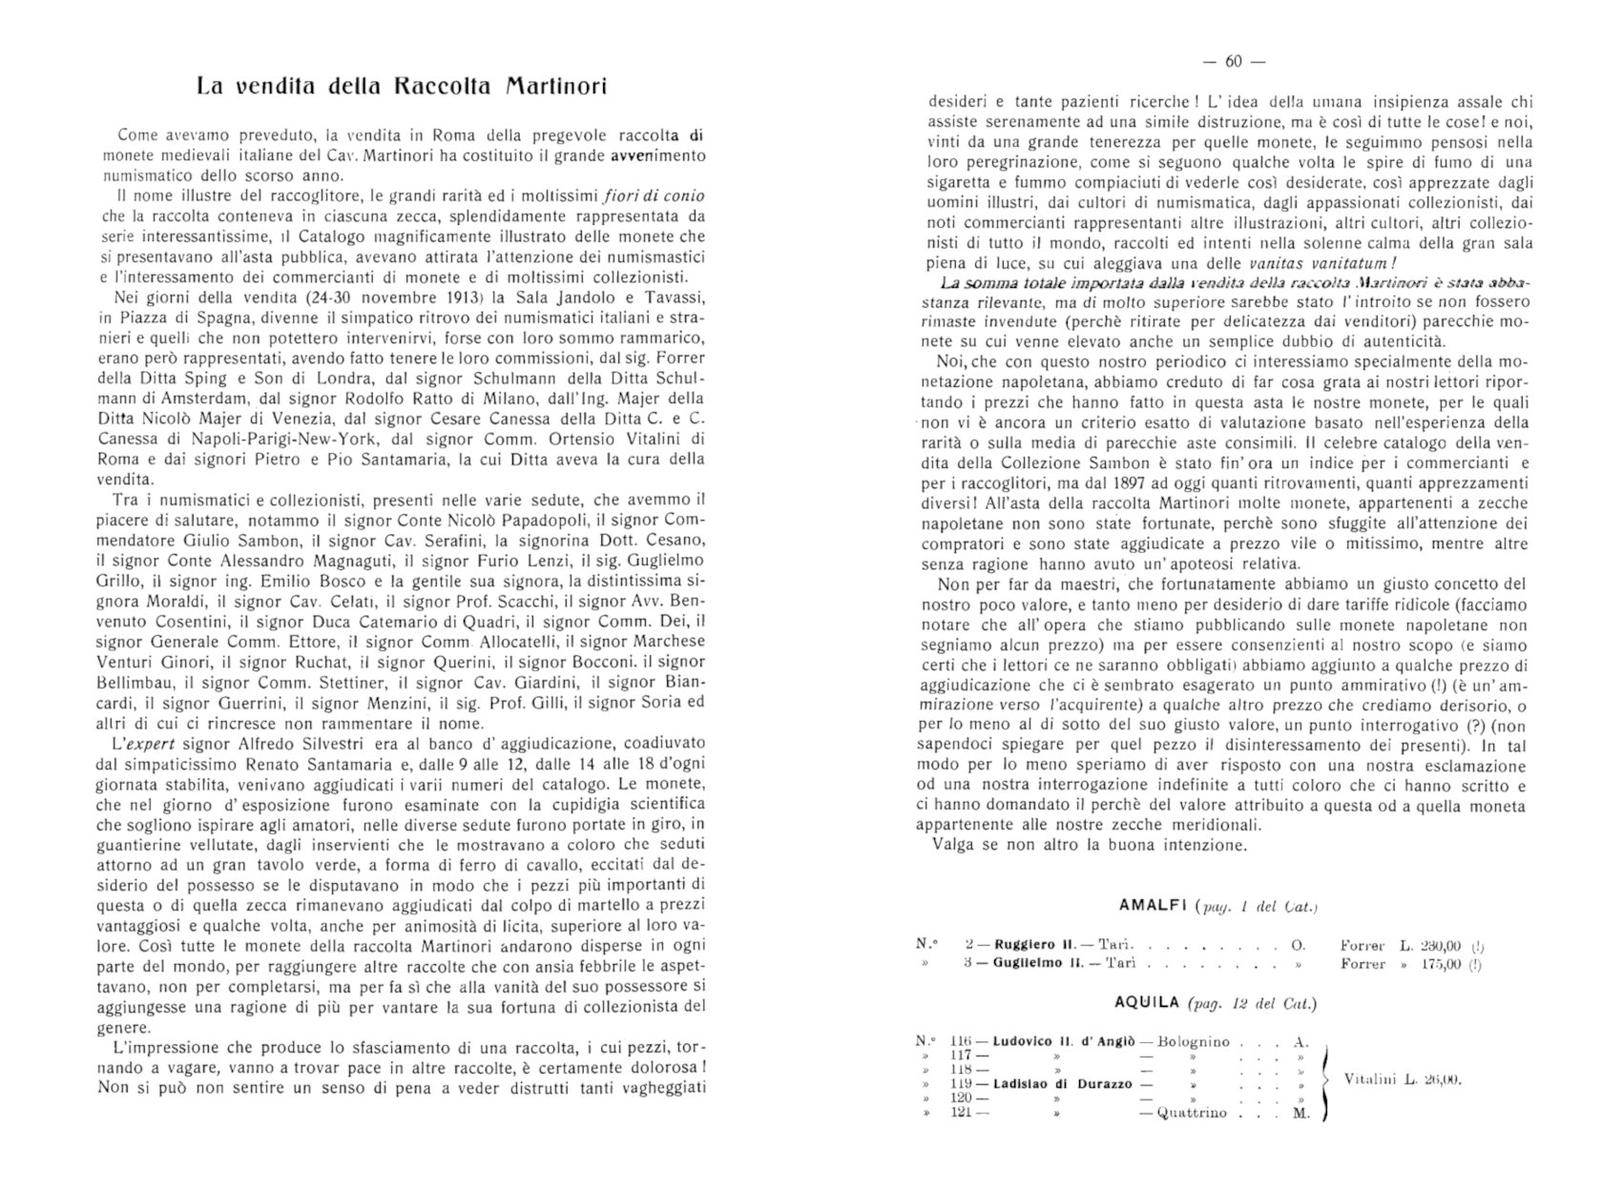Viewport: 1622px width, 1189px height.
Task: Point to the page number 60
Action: click(1232, 62)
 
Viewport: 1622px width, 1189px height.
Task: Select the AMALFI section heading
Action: click(1152, 905)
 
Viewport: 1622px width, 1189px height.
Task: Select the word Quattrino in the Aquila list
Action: click(1192, 1114)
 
